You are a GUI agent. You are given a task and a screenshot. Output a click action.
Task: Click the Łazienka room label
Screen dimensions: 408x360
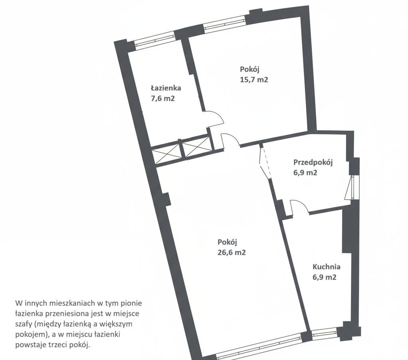point(166,88)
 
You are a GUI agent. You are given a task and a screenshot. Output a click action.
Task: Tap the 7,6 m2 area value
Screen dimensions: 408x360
point(162,99)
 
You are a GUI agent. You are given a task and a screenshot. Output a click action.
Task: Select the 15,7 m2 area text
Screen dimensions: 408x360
point(254,79)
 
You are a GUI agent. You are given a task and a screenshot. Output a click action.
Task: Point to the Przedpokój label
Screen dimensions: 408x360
point(313,162)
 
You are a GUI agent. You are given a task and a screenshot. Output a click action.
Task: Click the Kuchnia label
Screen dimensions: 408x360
point(326,267)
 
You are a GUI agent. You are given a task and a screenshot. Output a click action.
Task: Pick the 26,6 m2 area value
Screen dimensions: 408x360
point(232,253)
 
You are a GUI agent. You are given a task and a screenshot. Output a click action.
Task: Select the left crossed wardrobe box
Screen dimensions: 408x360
point(167,154)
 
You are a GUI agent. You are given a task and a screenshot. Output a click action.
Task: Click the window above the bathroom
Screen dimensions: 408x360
point(155,40)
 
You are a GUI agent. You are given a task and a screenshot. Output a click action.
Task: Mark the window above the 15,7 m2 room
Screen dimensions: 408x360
point(224,24)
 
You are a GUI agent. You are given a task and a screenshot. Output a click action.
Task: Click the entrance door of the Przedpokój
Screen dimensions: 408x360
point(349,187)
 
